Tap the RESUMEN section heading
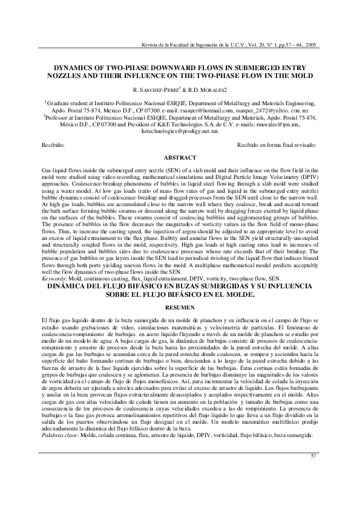(180, 308)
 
